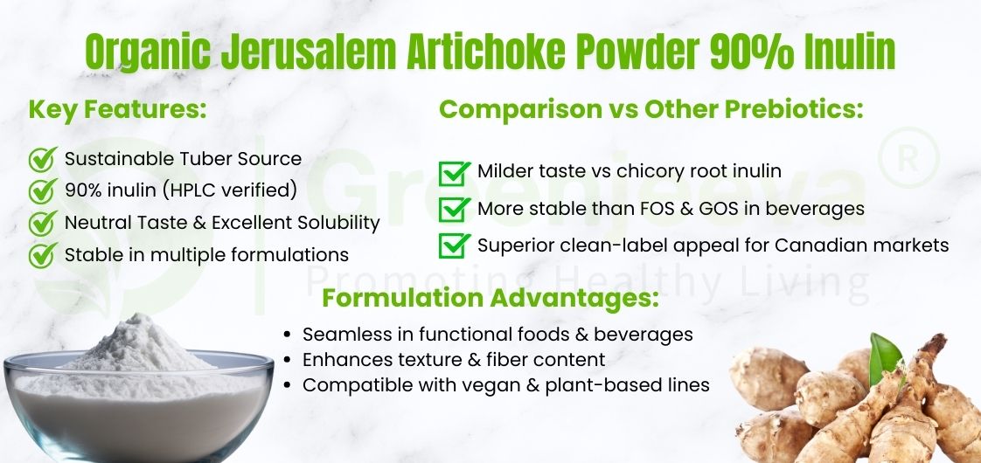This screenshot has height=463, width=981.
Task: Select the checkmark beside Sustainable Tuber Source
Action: coord(43,160)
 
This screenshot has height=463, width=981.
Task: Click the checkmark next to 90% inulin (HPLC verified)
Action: coord(43,190)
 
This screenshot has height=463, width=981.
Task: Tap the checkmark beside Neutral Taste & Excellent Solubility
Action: coord(43,223)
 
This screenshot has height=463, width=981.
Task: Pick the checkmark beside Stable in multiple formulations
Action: coord(43,255)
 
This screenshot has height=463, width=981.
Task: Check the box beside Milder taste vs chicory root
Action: coord(454,173)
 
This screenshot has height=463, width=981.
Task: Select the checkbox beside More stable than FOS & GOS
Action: coord(454,210)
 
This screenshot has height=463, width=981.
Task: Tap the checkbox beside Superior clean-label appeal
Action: coord(454,245)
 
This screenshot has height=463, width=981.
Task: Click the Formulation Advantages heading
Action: coord(490,298)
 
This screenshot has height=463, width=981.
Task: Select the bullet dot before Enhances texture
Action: coord(289,360)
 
